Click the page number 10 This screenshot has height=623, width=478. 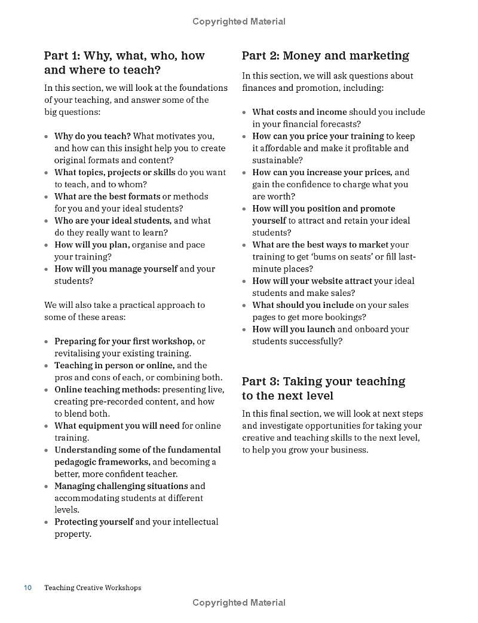coord(27,588)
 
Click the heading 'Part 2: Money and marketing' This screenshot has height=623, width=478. coord(325,56)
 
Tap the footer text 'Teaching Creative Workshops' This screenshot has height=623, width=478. coord(93,588)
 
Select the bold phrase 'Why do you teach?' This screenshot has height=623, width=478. coord(93,136)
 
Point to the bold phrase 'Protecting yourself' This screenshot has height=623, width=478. coord(94,522)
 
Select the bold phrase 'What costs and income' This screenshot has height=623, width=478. coord(299,112)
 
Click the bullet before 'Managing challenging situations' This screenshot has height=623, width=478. coord(46,487)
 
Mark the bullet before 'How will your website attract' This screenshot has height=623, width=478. coord(244,282)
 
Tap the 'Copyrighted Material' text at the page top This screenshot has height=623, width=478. coord(239,22)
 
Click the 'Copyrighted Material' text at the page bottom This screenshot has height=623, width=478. coord(239,603)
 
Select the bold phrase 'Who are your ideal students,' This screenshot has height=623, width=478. coord(113,221)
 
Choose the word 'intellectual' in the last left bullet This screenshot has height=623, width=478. coord(195,522)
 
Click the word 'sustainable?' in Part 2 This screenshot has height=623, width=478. coord(277,160)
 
